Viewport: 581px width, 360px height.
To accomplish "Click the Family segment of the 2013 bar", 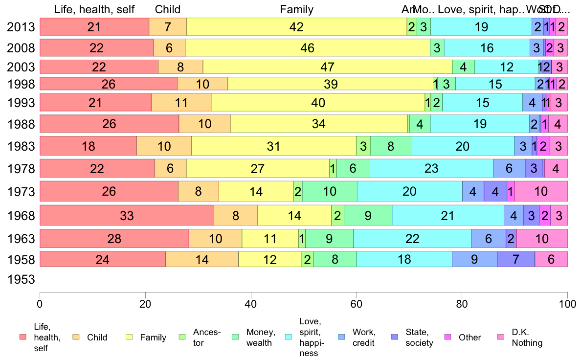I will point(296,27).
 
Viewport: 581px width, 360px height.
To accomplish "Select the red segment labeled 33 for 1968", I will point(127,215).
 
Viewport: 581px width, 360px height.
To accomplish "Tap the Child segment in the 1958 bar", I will point(202,259).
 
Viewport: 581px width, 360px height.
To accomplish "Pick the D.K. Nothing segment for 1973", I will point(541,191).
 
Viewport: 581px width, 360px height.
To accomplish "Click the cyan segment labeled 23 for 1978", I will point(431,169).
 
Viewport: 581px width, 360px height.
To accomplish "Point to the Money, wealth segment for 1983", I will point(391,146).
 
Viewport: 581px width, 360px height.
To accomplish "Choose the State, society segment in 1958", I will point(516,259).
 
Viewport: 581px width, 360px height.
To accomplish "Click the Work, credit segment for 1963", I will point(489,239).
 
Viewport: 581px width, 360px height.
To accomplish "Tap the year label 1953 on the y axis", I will point(21,280).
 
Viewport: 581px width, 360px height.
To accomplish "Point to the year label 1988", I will point(21,124).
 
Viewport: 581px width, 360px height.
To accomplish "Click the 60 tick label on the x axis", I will point(357,303).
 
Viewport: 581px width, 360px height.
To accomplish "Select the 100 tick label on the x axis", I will point(567,303).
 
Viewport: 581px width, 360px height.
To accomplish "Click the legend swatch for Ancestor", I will point(182,337).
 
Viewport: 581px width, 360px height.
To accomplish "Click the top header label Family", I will point(296,9).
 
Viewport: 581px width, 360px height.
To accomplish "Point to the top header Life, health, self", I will point(94,9).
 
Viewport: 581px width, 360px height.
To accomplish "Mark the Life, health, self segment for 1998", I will point(108,84).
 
